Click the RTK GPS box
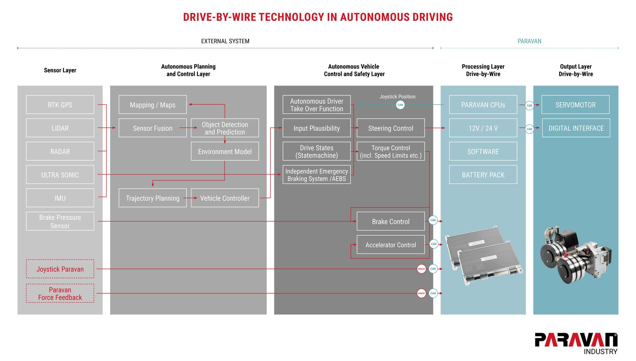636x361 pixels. click(60, 105)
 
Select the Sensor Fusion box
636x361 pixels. click(152, 128)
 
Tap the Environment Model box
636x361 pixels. click(225, 152)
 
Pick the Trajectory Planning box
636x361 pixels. click(152, 198)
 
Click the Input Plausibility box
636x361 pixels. click(316, 128)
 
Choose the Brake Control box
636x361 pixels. click(391, 221)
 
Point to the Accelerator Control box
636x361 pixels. click(391, 245)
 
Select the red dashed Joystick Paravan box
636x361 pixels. click(60, 269)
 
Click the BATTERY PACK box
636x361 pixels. click(483, 175)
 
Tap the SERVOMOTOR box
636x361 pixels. click(575, 105)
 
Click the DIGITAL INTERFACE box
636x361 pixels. click(576, 128)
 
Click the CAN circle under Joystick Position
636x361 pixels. click(400, 105)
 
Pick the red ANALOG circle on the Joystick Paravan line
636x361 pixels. click(421, 269)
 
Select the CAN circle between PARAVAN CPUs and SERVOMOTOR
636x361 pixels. click(529, 106)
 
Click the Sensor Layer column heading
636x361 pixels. click(60, 70)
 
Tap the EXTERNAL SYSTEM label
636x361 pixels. click(225, 41)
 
